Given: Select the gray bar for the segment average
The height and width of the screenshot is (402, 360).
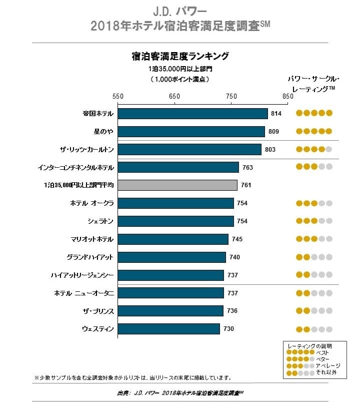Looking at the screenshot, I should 177,185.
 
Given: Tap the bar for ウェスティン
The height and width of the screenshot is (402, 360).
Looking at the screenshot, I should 168,329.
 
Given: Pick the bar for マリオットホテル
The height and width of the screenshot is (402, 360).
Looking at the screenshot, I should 173,239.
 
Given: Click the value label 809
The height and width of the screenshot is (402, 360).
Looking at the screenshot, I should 273,132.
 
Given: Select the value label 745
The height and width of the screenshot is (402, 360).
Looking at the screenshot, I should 237,239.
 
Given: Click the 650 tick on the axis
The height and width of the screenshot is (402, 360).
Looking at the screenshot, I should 174,96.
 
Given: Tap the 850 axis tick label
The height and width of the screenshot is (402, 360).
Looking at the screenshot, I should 287,96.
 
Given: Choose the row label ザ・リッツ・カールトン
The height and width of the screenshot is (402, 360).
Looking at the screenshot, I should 86,149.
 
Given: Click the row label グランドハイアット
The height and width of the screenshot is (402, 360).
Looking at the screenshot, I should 90,257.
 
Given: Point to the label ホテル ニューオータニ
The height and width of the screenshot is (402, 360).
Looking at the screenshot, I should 84,293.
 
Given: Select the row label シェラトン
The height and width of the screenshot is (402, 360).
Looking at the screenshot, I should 100,221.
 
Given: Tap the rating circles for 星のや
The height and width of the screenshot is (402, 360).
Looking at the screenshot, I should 314,131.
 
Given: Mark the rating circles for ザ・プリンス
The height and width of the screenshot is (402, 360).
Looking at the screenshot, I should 314,311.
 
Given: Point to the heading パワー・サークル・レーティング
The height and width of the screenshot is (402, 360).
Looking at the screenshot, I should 313,84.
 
